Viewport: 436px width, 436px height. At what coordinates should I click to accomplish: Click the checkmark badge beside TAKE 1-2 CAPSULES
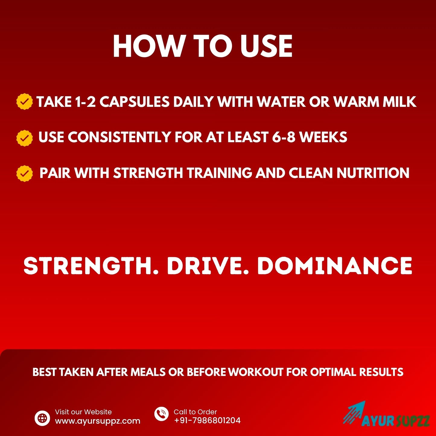(24, 102)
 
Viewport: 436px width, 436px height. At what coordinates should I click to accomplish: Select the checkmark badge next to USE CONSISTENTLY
(24, 138)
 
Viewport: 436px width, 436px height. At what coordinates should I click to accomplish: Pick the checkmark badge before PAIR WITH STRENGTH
(24, 173)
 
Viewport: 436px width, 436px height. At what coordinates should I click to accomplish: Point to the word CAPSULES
(134, 102)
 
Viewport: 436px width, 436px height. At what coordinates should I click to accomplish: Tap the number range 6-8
(284, 137)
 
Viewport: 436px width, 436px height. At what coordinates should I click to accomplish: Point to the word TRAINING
(219, 173)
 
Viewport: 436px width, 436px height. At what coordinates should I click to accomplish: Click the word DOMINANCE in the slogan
(335, 266)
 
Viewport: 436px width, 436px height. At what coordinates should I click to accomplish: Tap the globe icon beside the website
(42, 418)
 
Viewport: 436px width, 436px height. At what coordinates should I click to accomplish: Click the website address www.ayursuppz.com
(97, 421)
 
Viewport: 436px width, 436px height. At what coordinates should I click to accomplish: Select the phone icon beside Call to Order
(161, 414)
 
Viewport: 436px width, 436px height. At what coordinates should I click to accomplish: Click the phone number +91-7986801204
(207, 420)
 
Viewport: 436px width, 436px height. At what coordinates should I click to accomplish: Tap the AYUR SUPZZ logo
(386, 415)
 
